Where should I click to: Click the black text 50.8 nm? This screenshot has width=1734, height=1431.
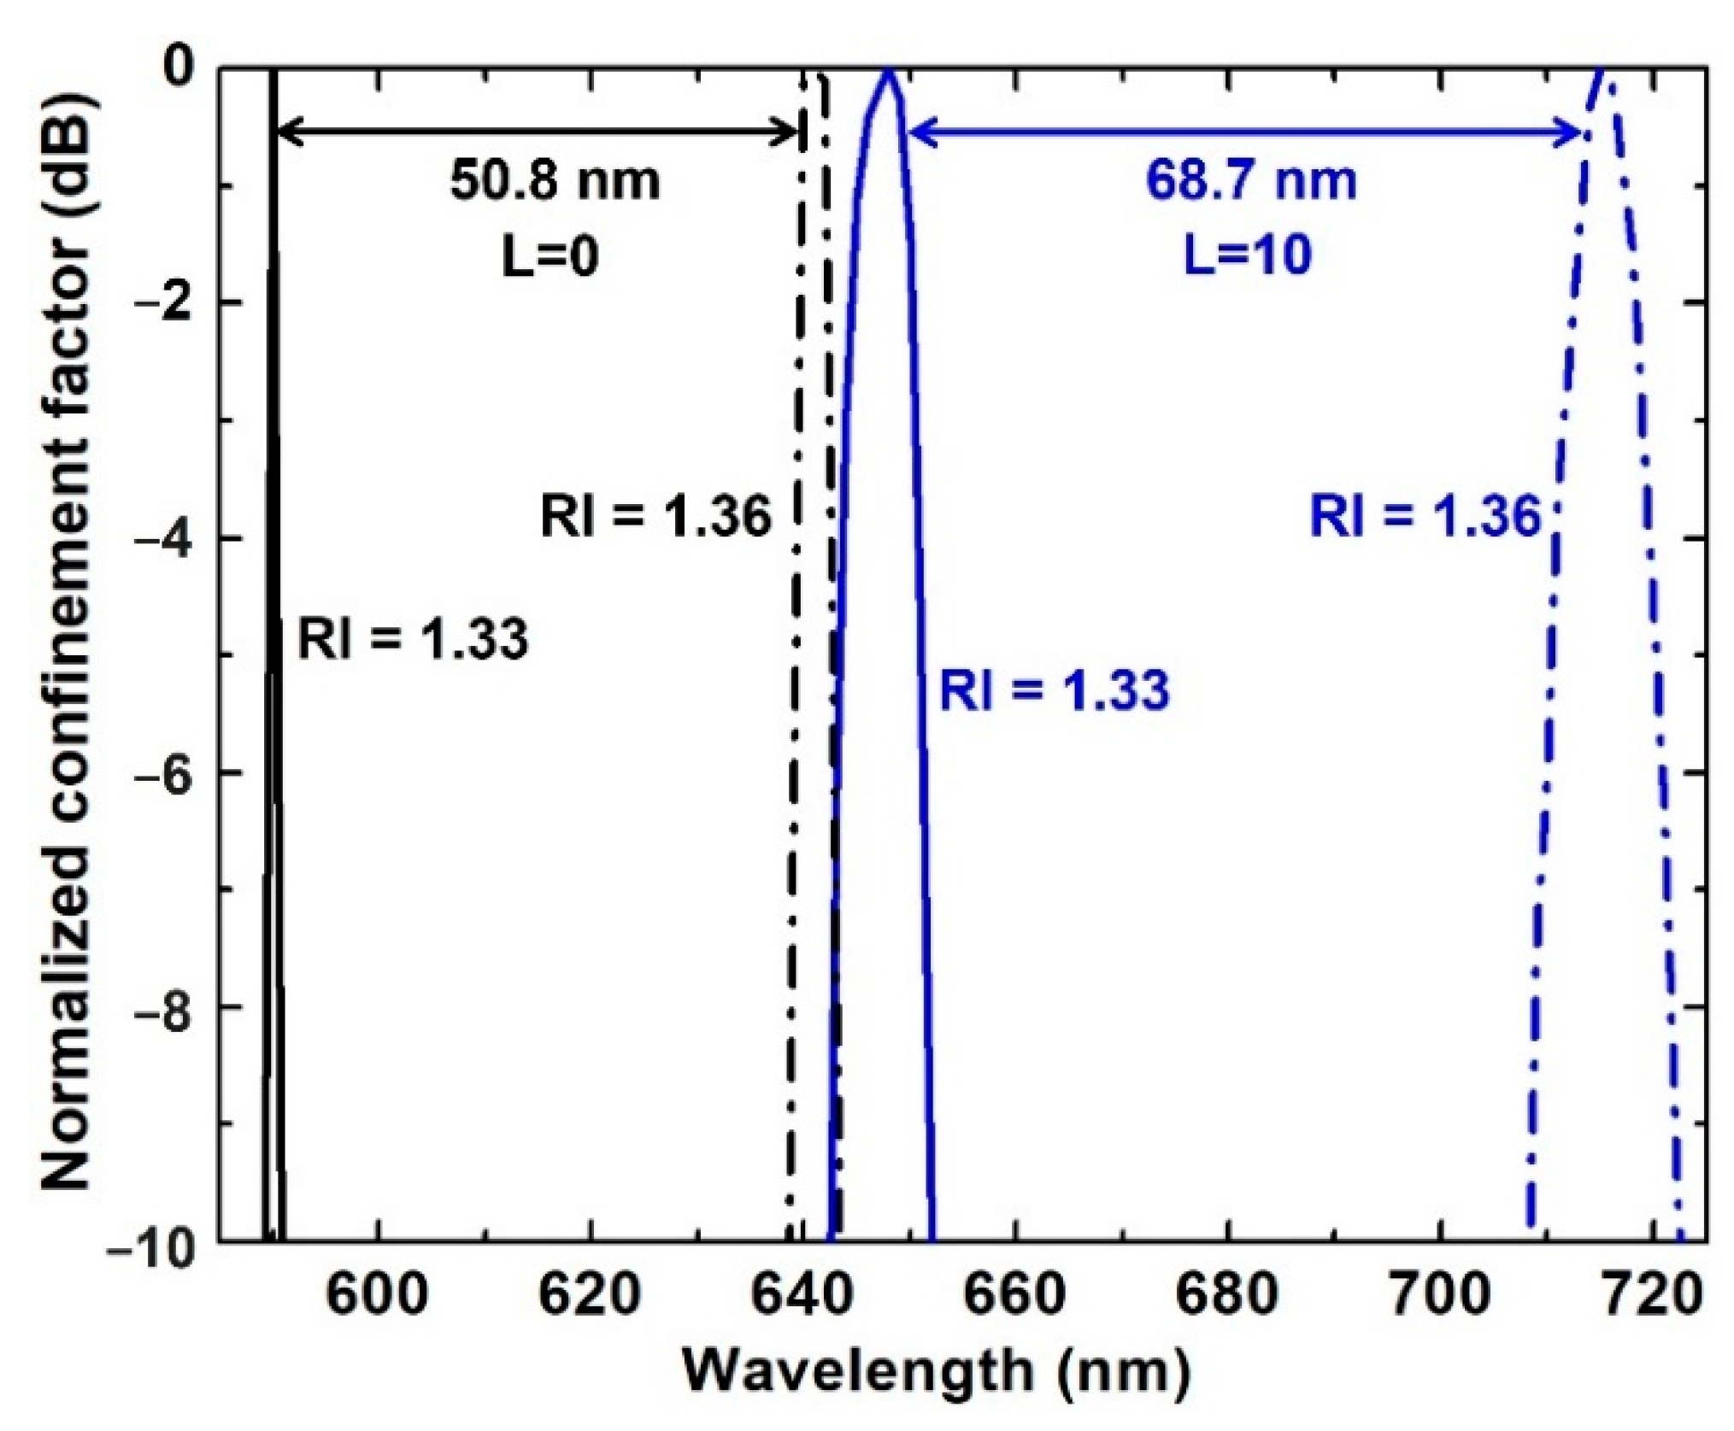pos(555,181)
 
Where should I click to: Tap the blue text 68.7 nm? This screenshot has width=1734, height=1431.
pos(1251,181)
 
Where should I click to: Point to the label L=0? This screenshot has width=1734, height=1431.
pos(550,254)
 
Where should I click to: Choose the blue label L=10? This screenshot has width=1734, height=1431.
pos(1248,254)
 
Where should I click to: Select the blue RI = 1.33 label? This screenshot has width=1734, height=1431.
pos(1055,690)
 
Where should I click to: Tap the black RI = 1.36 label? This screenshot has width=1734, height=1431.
pos(656,517)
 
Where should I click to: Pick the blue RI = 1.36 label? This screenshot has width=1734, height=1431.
pos(1425,517)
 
